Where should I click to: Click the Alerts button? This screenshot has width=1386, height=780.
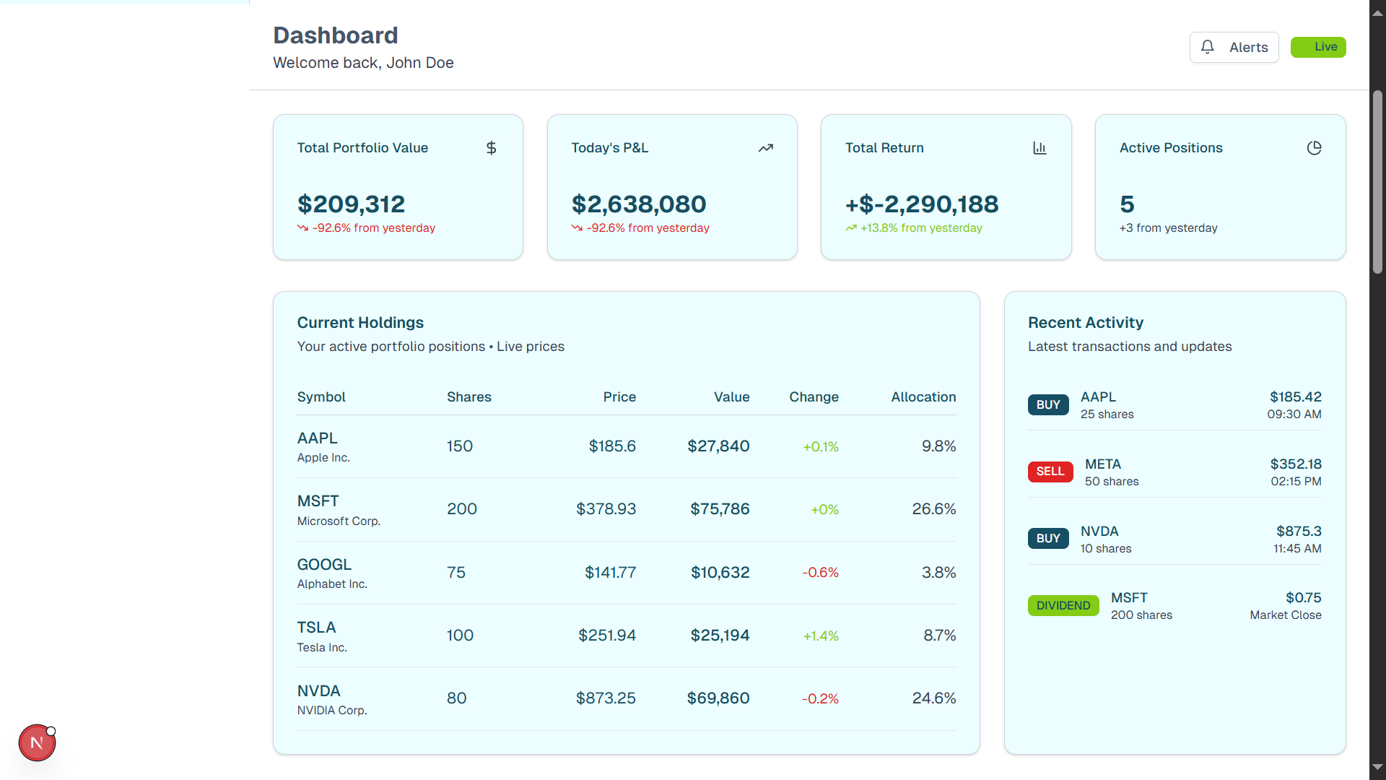click(1234, 47)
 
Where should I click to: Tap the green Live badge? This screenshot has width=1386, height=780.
click(1318, 47)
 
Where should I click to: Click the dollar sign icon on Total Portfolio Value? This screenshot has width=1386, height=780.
click(491, 148)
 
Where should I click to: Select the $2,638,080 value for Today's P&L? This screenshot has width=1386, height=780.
click(638, 204)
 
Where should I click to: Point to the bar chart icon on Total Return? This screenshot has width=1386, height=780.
click(1039, 148)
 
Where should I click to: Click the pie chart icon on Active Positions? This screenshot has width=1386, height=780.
click(1314, 148)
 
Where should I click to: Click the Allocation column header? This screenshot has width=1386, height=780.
click(923, 397)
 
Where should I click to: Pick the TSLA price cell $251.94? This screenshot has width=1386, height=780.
click(606, 636)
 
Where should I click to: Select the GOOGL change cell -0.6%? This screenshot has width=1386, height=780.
click(820, 573)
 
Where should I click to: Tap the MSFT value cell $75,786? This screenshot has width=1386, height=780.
click(720, 509)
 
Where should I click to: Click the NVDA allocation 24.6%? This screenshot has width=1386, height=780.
click(933, 698)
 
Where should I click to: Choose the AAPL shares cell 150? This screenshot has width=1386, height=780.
click(459, 446)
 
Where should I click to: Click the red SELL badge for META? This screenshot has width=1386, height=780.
click(1050, 472)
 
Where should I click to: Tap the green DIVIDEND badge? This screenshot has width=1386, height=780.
click(1063, 605)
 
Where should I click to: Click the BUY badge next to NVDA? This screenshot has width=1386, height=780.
click(1047, 539)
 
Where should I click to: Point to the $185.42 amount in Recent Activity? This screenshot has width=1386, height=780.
click(1295, 397)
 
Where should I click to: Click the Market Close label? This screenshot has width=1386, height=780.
click(1285, 615)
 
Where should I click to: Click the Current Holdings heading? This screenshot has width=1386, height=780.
click(360, 323)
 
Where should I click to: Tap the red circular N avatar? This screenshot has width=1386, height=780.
click(37, 742)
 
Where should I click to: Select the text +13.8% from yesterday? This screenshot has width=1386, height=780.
click(920, 228)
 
